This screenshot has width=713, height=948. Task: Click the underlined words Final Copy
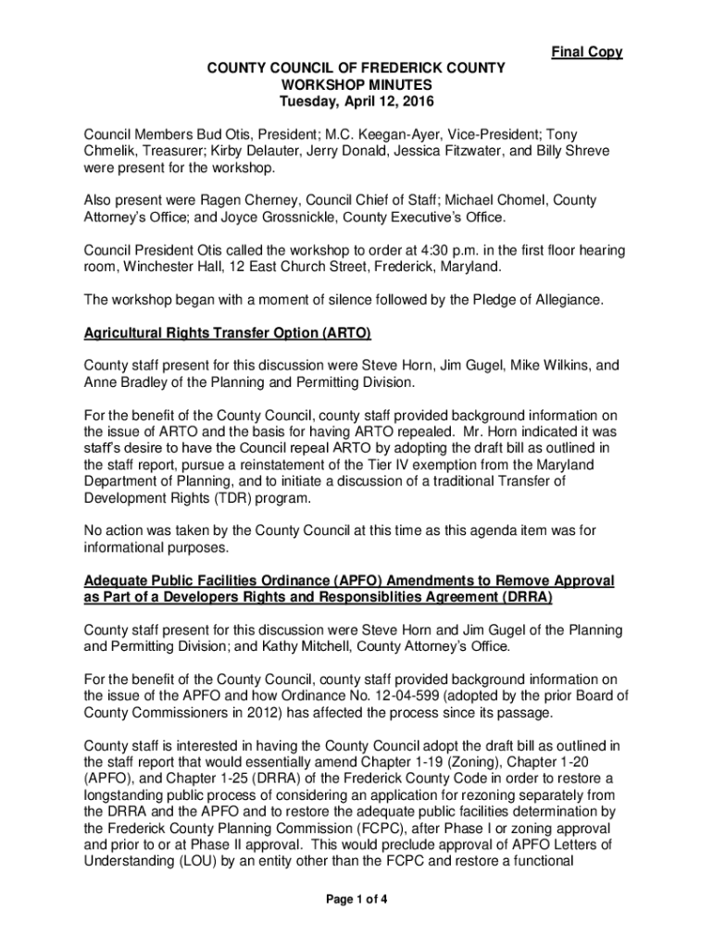point(587,52)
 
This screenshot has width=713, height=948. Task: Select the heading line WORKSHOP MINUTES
point(356,83)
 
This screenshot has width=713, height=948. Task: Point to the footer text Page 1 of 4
point(356,897)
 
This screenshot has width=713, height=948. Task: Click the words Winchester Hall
point(163,267)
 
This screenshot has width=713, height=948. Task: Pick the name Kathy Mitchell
point(296,646)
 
